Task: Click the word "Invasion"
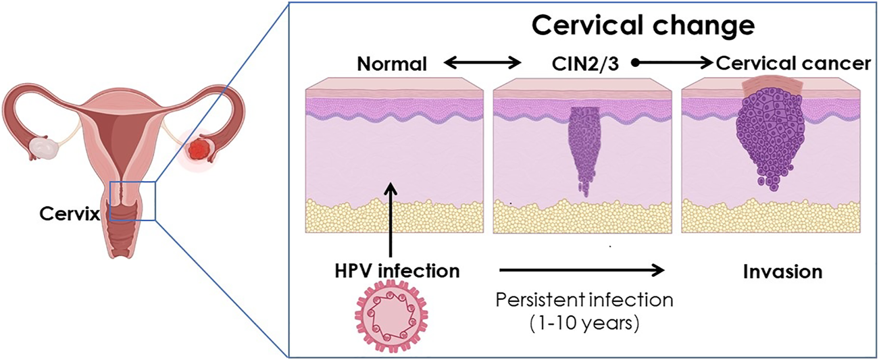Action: (782, 272)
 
